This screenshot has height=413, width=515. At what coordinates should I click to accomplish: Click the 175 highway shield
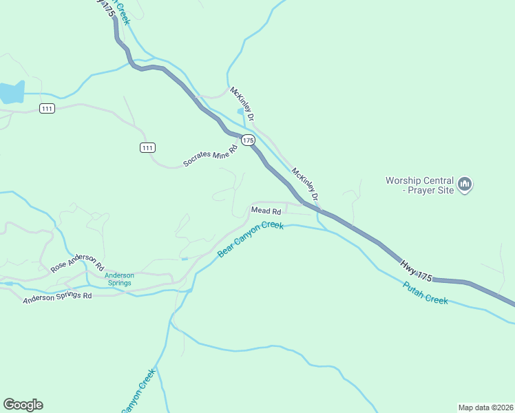[x=249, y=140]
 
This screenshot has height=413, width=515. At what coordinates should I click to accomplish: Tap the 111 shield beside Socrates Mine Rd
[x=147, y=147]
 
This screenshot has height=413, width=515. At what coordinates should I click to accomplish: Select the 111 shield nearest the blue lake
[x=47, y=109]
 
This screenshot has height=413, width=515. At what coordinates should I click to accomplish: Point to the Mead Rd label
[x=266, y=211]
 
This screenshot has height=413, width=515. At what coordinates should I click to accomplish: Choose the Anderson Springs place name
[x=119, y=279]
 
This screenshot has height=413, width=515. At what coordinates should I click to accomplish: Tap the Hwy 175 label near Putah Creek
[x=416, y=268]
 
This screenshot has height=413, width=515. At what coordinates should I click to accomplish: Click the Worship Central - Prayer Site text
[x=419, y=185]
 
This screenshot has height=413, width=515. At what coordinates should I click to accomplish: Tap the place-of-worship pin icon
[x=465, y=184]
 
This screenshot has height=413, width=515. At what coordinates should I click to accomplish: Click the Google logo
[x=23, y=405]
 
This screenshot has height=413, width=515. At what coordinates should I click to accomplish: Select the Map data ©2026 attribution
[x=485, y=407]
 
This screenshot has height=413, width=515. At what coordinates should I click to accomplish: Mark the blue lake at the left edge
[x=11, y=92]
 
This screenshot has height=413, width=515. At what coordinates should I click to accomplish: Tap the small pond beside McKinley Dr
[x=240, y=110]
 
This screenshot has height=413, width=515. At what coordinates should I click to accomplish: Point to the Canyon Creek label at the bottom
[x=139, y=391]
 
